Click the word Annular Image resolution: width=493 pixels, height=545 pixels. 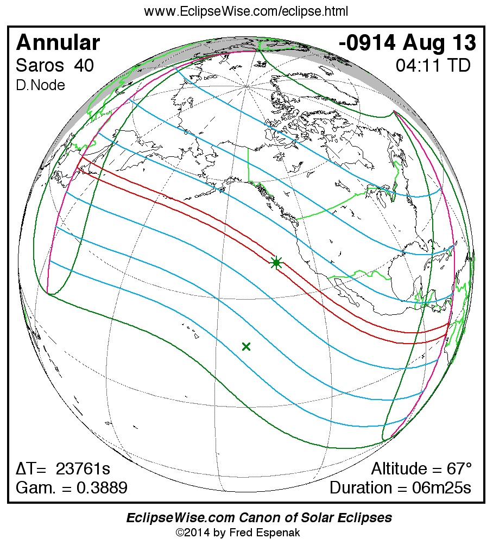coord(58,42)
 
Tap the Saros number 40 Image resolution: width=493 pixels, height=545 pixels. coord(84,66)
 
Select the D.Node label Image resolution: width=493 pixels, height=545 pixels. coord(40,85)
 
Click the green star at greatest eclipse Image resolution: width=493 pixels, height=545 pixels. coord(276,263)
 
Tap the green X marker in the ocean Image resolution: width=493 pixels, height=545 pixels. coord(246,346)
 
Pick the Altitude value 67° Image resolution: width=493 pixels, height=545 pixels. coord(455,468)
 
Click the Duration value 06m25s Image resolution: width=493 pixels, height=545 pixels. coord(441,487)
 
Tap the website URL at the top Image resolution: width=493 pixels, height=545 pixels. coord(246,11)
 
